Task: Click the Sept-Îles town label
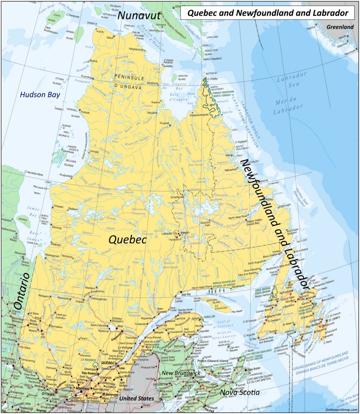(186, 293)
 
